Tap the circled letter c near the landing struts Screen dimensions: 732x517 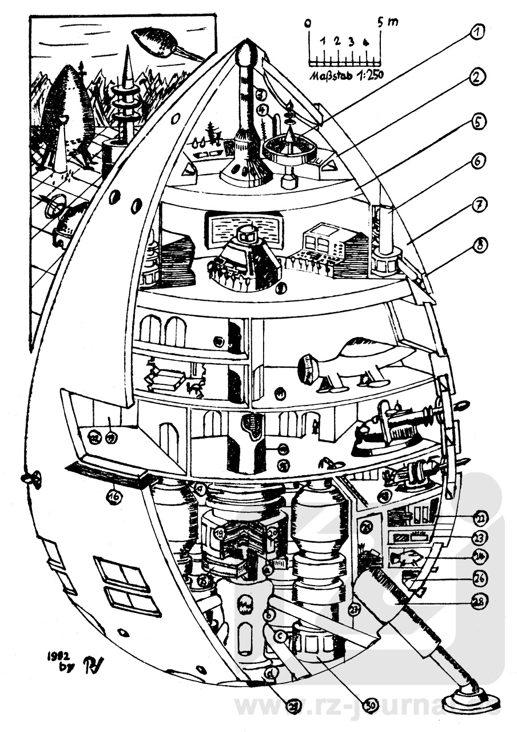point(281,635)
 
